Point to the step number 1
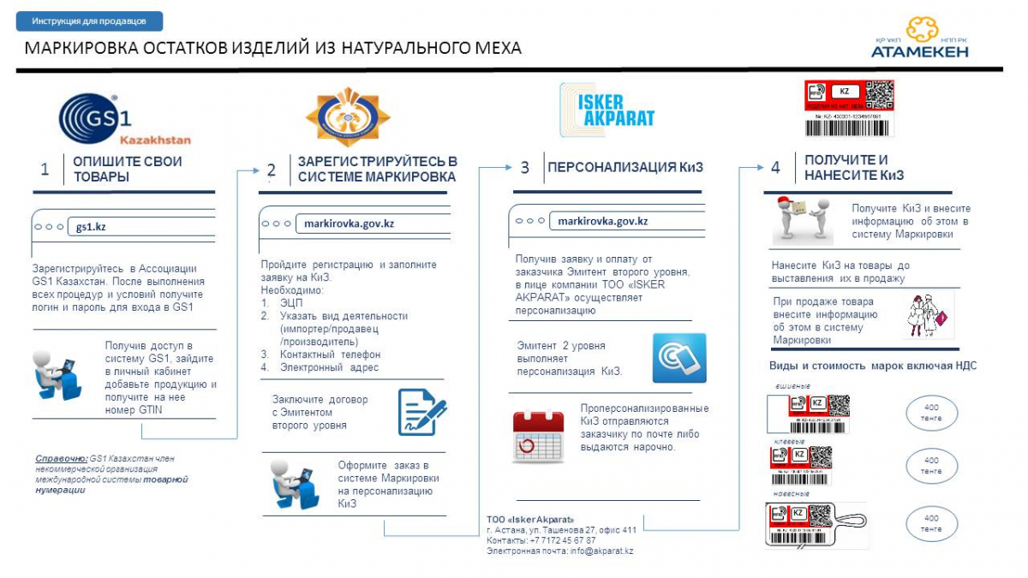[x=45, y=169]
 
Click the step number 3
[x=524, y=168]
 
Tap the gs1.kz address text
[x=91, y=227]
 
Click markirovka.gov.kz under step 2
[x=349, y=223]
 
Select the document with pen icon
[x=422, y=412]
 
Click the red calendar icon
[x=538, y=437]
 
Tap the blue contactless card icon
[x=678, y=358]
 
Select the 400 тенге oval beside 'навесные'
[x=931, y=523]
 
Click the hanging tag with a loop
[x=818, y=524]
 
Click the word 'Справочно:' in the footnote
[x=61, y=458]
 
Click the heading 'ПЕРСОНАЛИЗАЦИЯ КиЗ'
[x=625, y=168]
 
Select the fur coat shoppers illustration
[x=928, y=315]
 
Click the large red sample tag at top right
[x=848, y=108]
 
